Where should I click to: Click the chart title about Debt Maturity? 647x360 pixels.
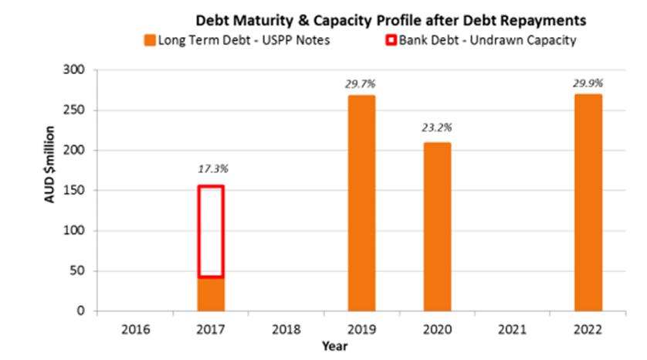point(391,20)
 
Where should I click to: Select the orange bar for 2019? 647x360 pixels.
point(361,203)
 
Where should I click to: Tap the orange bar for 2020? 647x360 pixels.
point(438,226)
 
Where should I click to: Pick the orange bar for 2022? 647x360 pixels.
point(588,202)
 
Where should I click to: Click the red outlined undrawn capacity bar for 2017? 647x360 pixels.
point(198,231)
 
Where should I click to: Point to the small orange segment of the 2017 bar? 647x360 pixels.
point(211,294)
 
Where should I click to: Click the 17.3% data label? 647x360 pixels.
point(213,169)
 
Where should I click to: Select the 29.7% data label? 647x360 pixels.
point(361,84)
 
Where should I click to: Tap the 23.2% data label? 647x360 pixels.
point(436,127)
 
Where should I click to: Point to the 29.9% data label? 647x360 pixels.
point(588,83)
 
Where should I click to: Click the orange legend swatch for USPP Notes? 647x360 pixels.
point(150,40)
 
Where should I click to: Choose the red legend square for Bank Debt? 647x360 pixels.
point(391,40)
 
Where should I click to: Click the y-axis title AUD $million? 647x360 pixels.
point(49,165)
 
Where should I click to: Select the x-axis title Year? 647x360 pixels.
point(334,346)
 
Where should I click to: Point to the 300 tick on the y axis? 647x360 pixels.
point(74,70)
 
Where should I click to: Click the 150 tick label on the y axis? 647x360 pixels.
point(74,190)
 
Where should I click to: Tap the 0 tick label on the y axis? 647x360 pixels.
point(81,311)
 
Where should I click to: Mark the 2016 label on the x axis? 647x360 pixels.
point(135,329)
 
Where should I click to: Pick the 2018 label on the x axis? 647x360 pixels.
point(286,329)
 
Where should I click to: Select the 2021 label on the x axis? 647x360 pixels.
point(512,329)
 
